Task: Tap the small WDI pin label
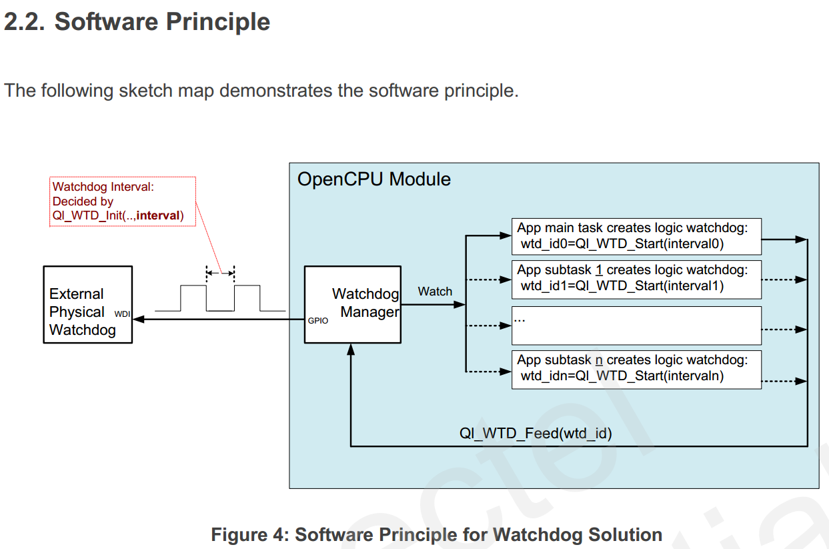click(122, 314)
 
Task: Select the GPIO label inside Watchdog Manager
click(318, 321)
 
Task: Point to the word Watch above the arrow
click(435, 292)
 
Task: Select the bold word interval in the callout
click(157, 215)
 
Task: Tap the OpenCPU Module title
click(373, 179)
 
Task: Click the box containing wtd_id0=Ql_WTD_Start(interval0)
click(636, 237)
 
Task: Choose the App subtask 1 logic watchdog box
click(636, 280)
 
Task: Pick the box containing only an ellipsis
click(636, 326)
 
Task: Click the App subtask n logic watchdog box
click(636, 370)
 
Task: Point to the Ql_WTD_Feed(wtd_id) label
click(536, 433)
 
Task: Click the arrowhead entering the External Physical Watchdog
click(138, 319)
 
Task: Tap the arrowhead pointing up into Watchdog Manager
click(351, 350)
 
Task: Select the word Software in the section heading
click(107, 21)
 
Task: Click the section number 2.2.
click(25, 21)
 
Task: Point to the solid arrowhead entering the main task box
click(506, 235)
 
